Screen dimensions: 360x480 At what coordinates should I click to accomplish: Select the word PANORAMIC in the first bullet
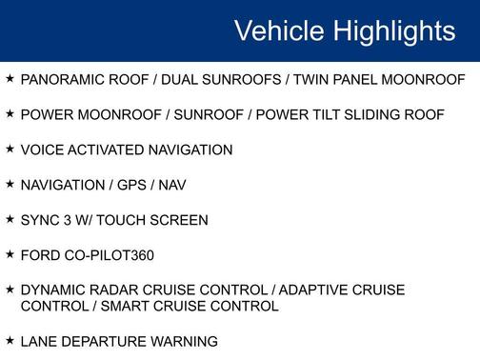click(62, 79)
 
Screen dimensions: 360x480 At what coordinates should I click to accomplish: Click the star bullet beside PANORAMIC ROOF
click(9, 78)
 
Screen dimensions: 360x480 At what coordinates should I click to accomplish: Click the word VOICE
click(41, 150)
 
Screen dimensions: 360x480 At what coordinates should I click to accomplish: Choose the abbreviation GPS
click(136, 185)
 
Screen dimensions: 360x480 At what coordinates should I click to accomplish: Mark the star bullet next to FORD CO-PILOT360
click(9, 254)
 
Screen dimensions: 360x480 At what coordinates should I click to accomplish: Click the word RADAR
click(115, 290)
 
